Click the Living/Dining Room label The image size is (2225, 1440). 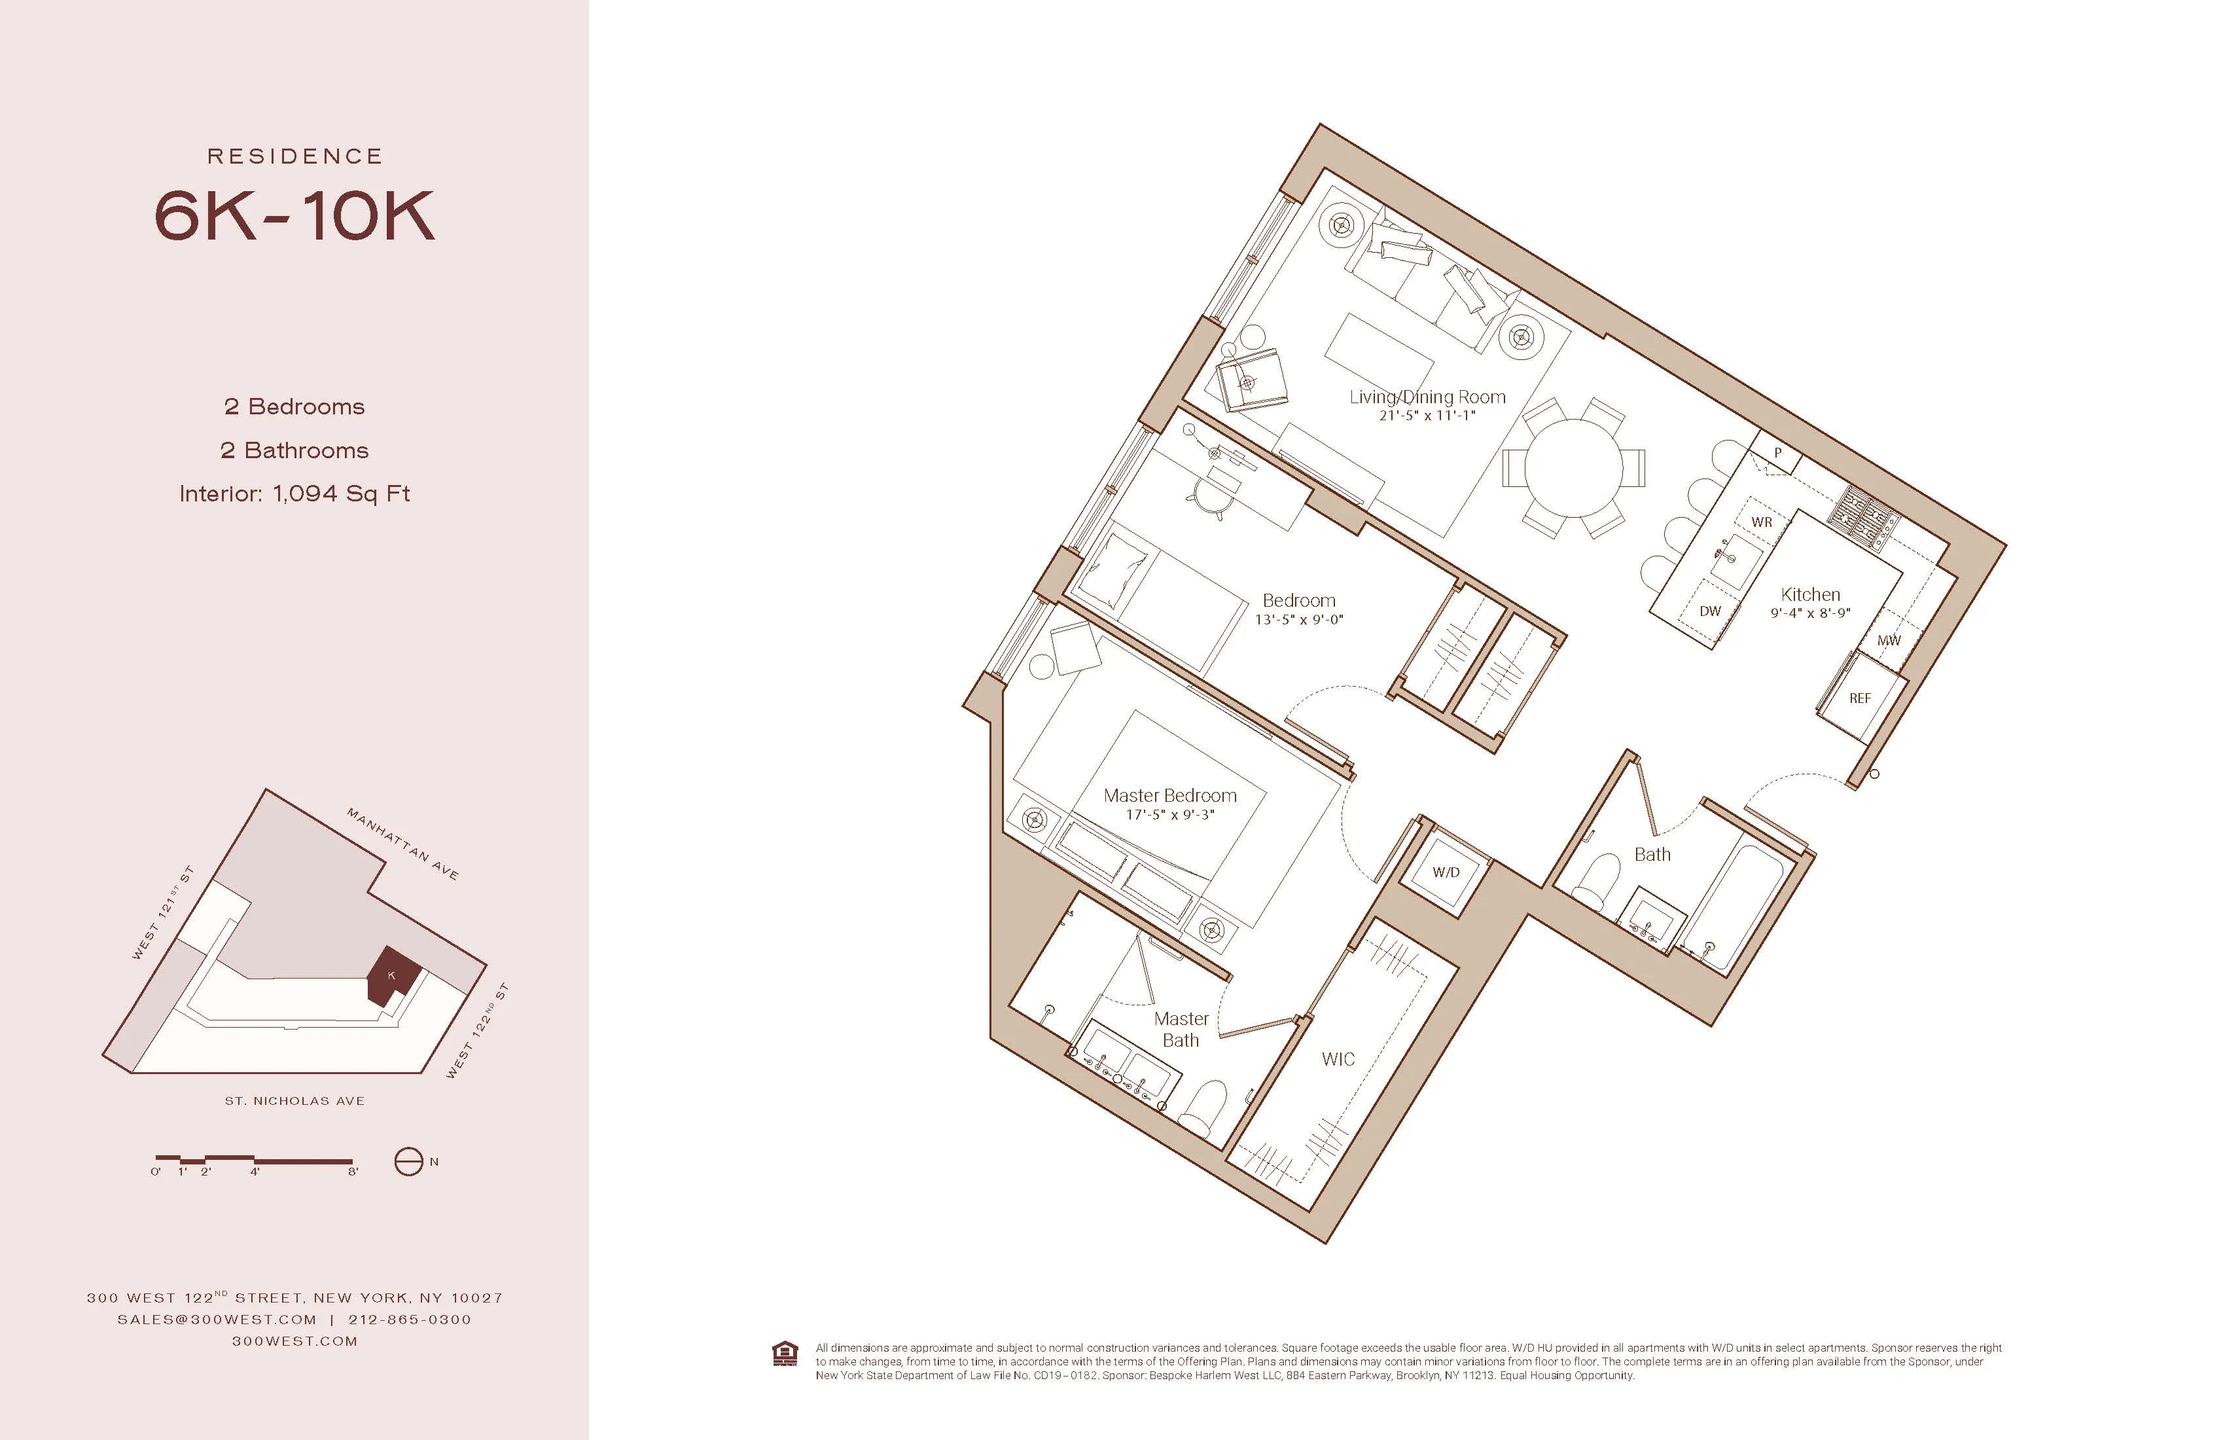point(1427,397)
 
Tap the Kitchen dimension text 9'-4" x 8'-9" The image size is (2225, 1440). point(1810,613)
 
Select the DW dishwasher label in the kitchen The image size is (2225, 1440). point(1710,611)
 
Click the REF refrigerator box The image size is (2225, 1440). point(1859,698)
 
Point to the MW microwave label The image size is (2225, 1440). point(1889,641)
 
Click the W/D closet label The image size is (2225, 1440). point(1446,873)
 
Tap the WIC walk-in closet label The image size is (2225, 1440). point(1338,1060)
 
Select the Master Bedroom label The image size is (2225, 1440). point(1169,796)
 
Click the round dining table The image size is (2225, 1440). point(1573,467)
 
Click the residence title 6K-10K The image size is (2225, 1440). point(294,216)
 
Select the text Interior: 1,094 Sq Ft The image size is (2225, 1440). point(294,494)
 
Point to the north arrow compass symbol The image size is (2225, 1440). point(408,1161)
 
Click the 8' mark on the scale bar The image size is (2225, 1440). point(353,1172)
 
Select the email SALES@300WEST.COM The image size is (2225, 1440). point(217,1320)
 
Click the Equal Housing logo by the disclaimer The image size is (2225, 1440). point(785,1354)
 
